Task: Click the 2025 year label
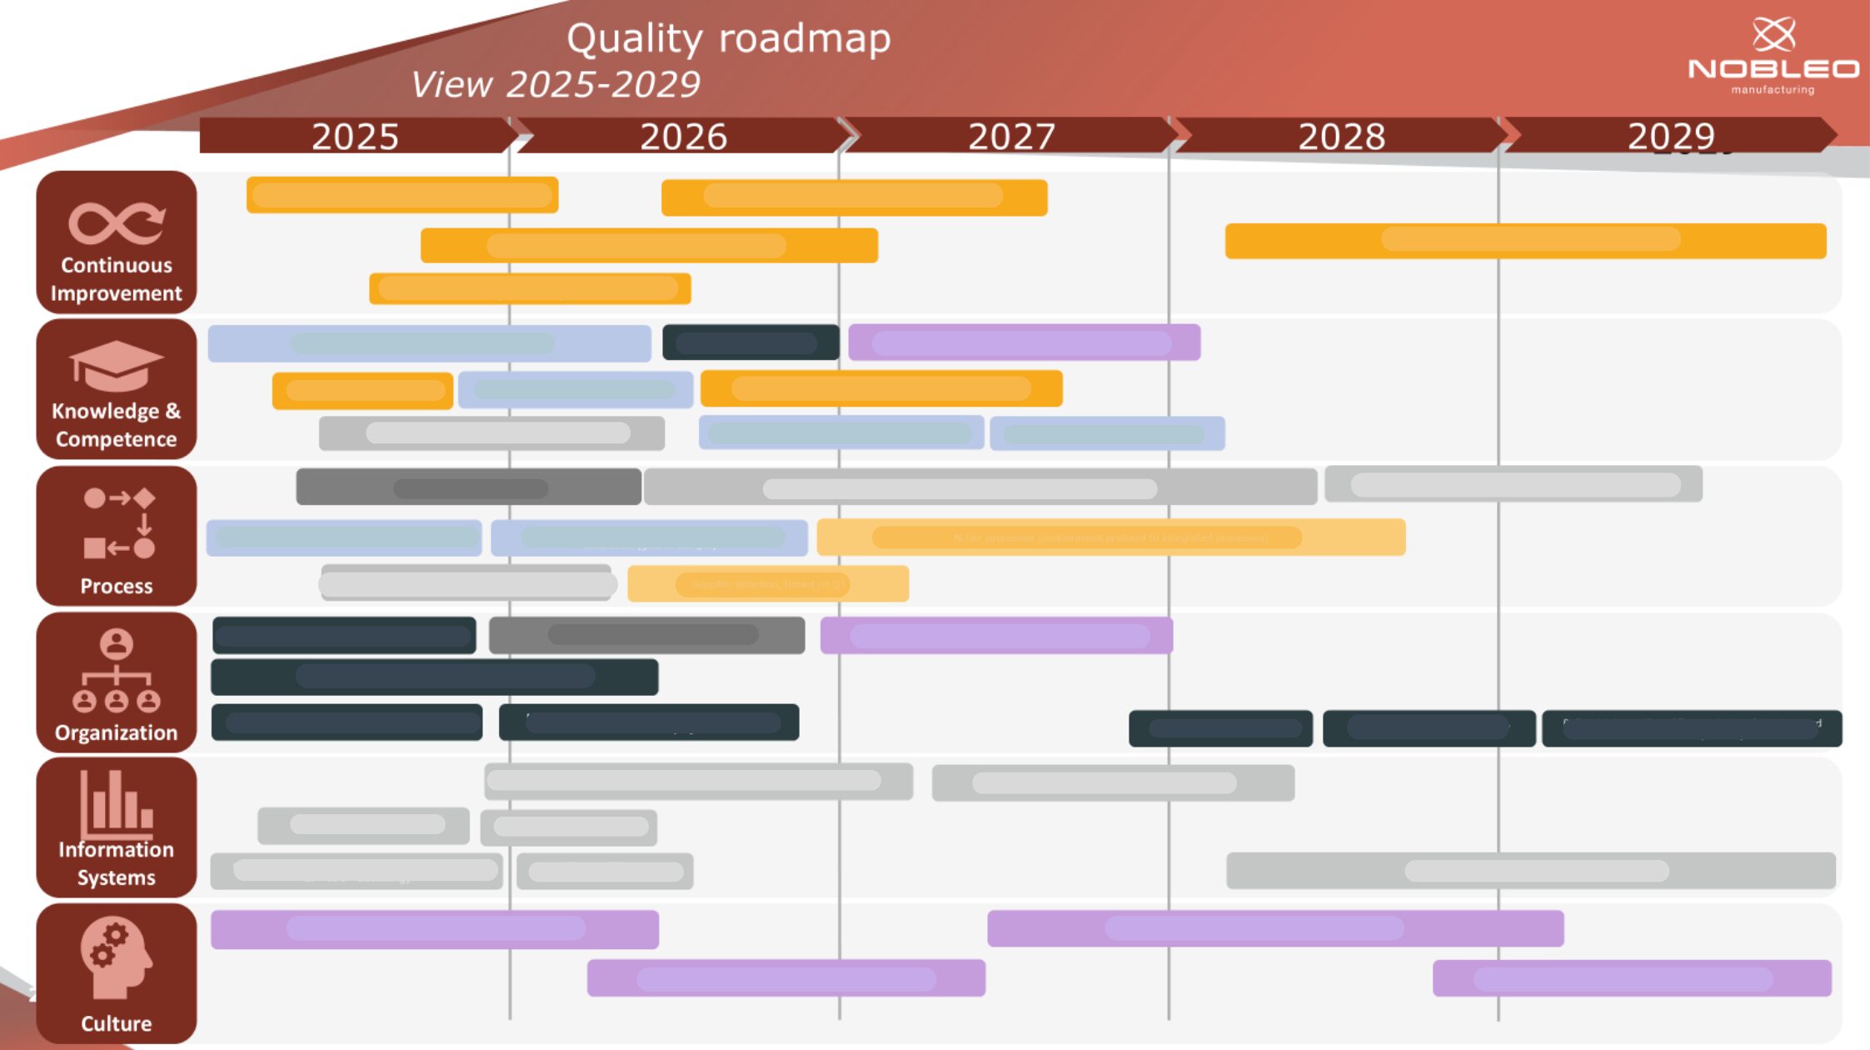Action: tap(355, 136)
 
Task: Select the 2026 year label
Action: tap(683, 136)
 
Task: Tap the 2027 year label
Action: tap(1011, 136)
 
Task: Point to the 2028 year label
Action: tap(1341, 136)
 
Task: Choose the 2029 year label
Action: tap(1671, 136)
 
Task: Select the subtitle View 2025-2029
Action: tap(556, 84)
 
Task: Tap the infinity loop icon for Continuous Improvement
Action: tap(116, 222)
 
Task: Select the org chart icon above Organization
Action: tap(116, 671)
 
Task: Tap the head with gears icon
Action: tap(116, 957)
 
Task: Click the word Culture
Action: tap(116, 1023)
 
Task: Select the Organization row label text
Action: tap(116, 732)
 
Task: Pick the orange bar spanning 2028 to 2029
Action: tap(1525, 241)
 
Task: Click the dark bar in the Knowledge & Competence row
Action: tap(750, 342)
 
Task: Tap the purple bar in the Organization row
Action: tap(996, 636)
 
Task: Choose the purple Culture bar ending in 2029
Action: tap(1631, 978)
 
